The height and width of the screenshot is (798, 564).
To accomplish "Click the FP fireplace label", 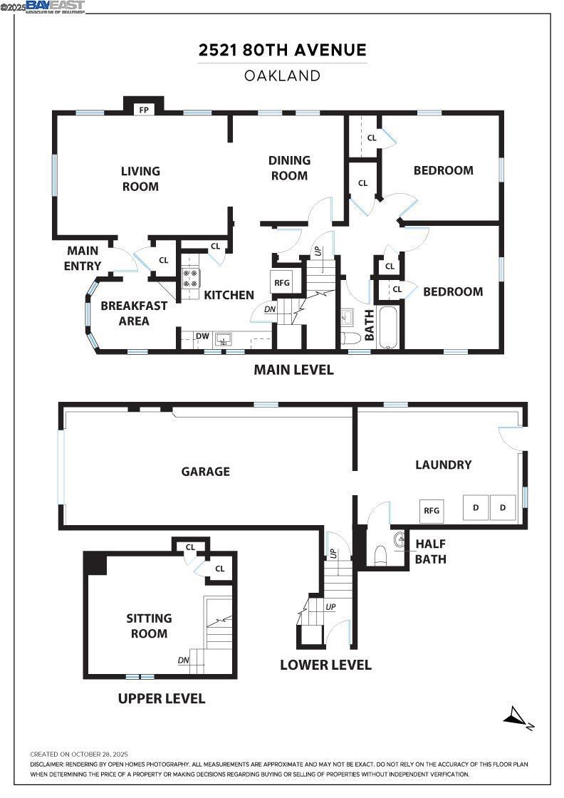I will click(144, 110).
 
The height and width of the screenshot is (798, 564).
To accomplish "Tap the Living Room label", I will click(140, 178).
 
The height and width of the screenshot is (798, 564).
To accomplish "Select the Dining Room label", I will click(289, 168).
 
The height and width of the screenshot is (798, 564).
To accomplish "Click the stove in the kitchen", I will click(191, 277).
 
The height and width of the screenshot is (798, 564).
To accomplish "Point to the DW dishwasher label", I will click(202, 336).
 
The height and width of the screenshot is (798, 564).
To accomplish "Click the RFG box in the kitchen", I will click(282, 282).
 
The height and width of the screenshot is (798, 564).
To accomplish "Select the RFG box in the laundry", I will click(432, 510).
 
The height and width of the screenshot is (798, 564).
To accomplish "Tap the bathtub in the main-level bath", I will click(388, 327).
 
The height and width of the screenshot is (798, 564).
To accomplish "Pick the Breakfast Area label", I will click(134, 313).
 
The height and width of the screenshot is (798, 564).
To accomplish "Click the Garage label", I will click(205, 471).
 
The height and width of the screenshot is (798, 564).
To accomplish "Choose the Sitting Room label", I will click(148, 626).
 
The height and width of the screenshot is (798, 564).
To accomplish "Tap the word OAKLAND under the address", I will click(282, 76).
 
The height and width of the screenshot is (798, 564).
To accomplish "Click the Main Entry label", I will click(83, 259).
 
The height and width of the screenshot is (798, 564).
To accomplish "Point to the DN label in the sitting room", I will click(184, 660).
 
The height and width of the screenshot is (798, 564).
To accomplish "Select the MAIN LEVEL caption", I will click(294, 370).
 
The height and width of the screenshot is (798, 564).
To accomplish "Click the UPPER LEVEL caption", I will click(162, 698).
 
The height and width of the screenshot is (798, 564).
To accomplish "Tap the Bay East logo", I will click(56, 6).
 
